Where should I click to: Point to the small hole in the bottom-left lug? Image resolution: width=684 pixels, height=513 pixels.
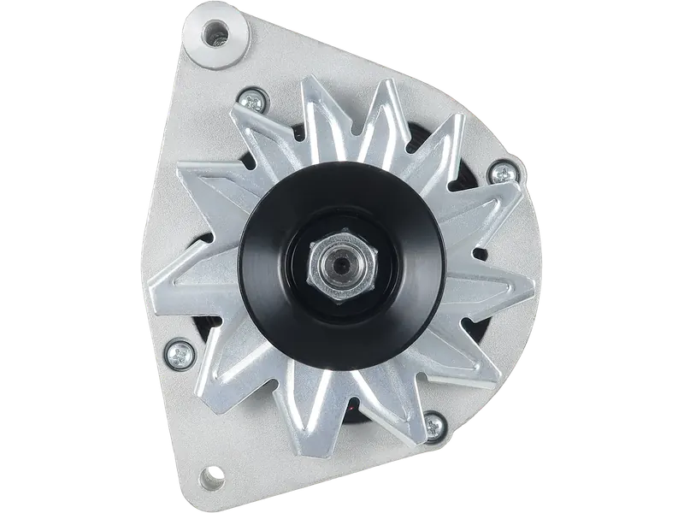pyautogui.click(x=209, y=474)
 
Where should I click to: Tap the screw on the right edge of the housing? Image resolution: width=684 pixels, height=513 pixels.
pyautogui.click(x=494, y=175)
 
